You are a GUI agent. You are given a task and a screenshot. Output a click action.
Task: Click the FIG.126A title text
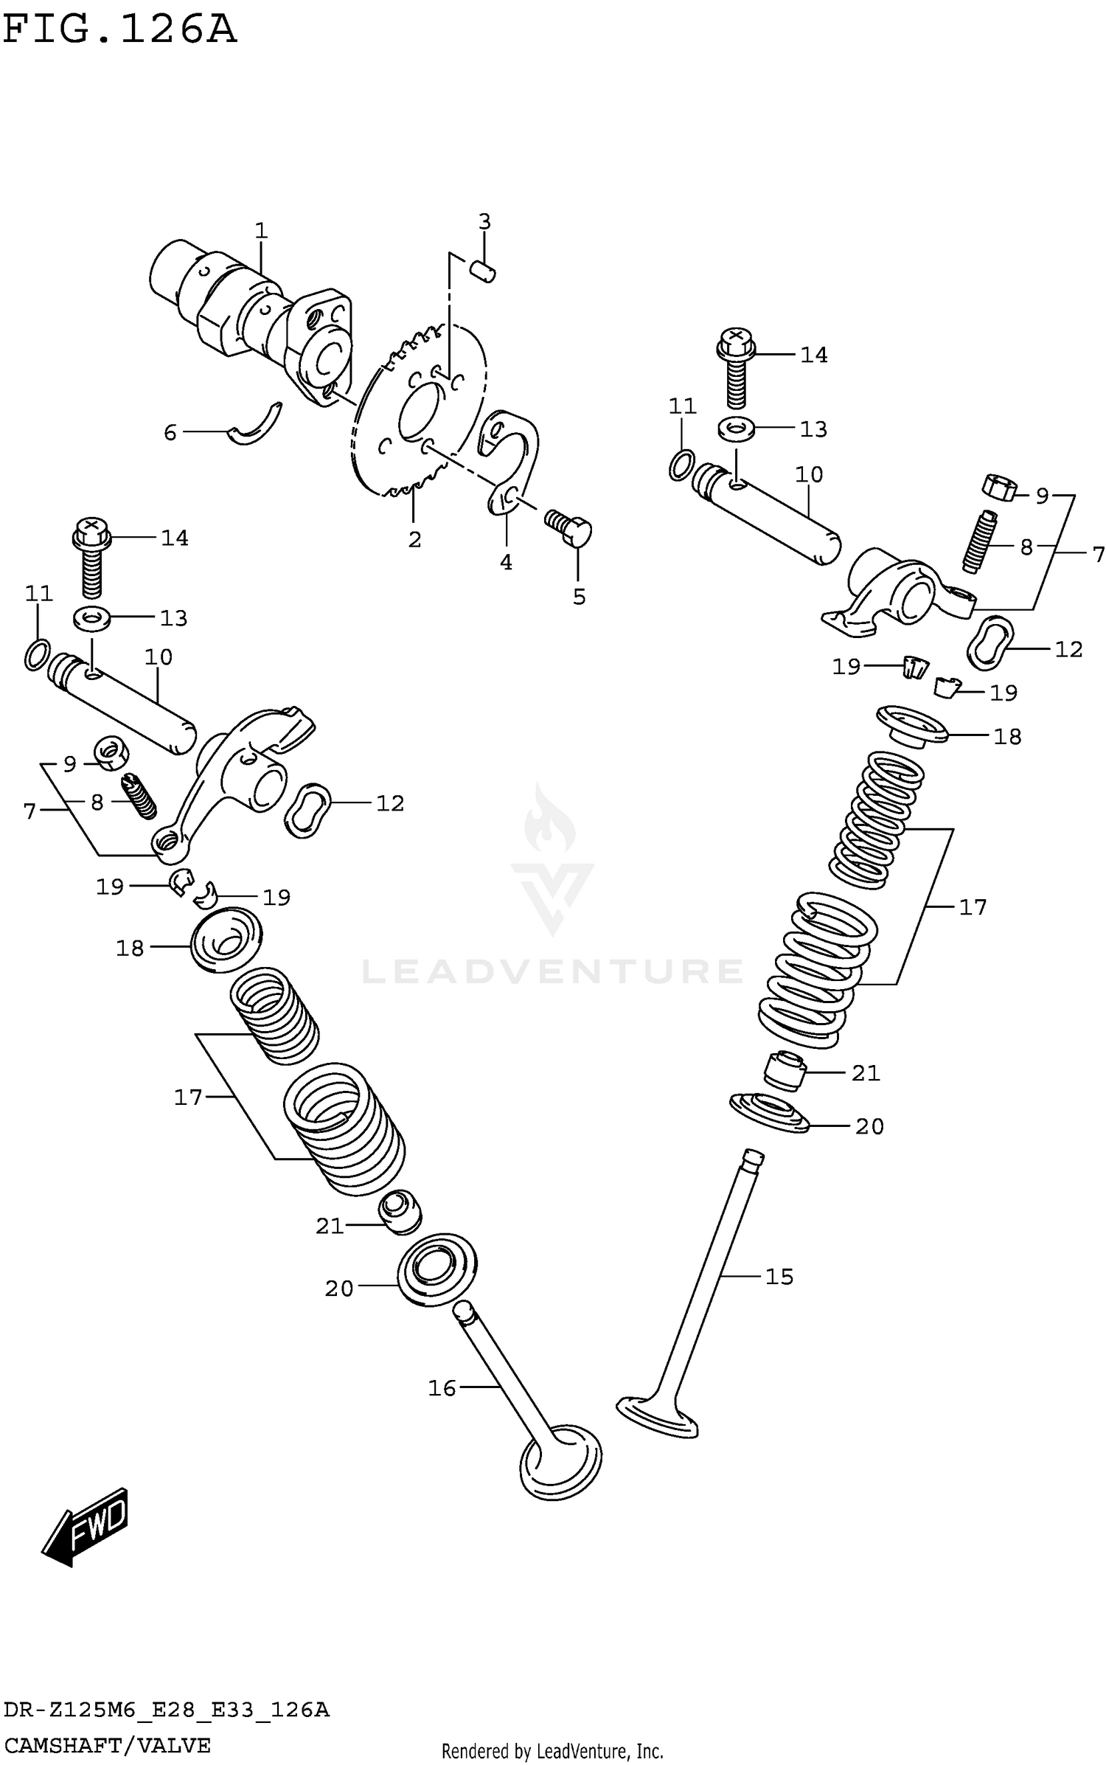(119, 31)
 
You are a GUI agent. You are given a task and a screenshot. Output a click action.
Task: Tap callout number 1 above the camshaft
(261, 231)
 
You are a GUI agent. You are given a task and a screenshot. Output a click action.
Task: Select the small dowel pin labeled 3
(484, 271)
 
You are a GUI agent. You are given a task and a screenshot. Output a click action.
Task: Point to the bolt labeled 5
(571, 527)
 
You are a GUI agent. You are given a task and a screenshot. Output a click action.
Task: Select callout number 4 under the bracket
(506, 562)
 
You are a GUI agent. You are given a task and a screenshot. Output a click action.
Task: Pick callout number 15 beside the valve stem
(779, 1276)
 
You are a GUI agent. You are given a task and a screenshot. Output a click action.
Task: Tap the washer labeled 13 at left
(91, 618)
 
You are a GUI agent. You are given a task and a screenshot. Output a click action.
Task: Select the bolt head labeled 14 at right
(734, 344)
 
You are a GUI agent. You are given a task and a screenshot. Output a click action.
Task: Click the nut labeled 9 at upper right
(999, 488)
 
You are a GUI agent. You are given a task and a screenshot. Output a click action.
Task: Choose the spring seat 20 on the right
(770, 1112)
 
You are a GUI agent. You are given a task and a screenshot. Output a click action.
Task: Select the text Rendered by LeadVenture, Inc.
(552, 1751)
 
